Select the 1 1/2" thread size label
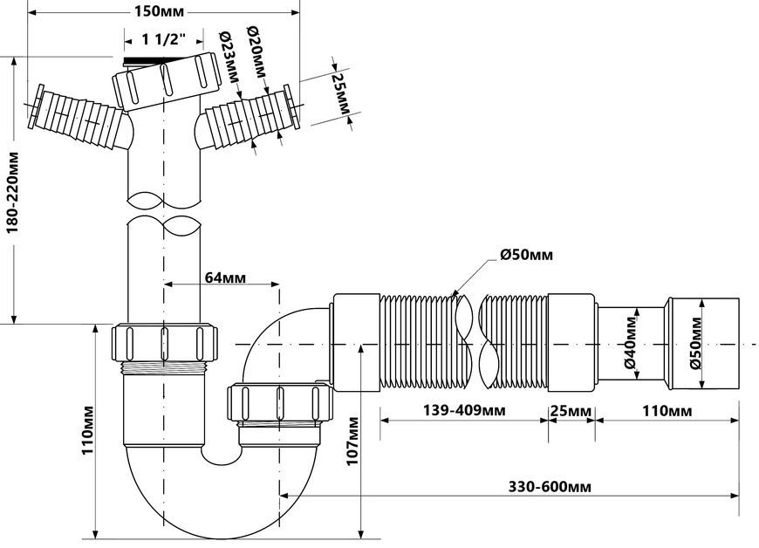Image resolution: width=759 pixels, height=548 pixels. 163,39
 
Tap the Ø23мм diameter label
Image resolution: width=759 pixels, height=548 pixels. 229,57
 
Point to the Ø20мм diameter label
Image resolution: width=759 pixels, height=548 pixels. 256,51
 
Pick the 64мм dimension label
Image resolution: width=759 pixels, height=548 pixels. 225,277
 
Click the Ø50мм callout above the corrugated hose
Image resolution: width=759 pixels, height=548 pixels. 526,255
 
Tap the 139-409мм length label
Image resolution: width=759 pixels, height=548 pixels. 464,410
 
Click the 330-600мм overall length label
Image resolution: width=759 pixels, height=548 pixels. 550,487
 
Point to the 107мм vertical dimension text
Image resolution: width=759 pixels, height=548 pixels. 352,441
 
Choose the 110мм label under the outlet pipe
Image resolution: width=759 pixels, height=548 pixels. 667,411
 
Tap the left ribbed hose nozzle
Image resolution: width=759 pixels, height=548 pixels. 78,117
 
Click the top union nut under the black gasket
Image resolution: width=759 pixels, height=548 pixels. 167,80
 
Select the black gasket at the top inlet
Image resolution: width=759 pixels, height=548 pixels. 144,61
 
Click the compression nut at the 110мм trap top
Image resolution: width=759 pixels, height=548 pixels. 165,342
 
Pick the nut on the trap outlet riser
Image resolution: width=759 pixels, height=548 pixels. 278,401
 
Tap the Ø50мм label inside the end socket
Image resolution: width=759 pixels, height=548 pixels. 696,343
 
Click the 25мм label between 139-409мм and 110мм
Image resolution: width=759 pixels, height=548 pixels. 571,411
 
